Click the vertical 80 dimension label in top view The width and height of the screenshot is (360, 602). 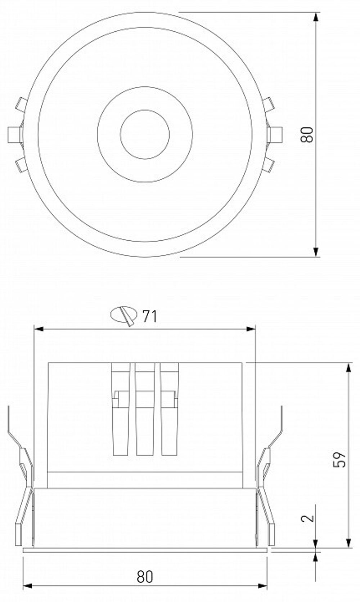pos(307,135)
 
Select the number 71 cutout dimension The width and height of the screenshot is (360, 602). pos(149,316)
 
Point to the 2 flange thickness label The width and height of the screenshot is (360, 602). pos(307,518)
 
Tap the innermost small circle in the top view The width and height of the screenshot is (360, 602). pos(145,134)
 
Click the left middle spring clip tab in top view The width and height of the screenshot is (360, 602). pos(14,135)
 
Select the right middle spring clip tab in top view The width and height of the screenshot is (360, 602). pos(276,135)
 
